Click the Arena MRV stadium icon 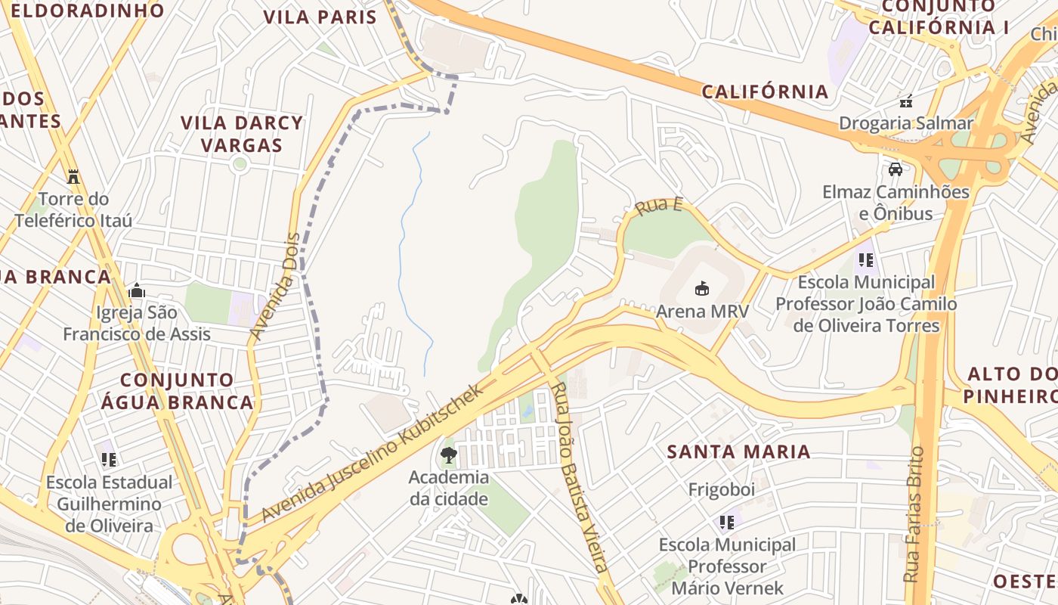tap(702, 288)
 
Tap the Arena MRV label tap(702, 311)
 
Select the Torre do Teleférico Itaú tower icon tap(73, 177)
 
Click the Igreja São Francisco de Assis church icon tap(137, 290)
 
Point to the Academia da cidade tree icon tap(449, 455)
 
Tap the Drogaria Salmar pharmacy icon tap(906, 101)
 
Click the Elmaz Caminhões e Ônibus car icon tap(896, 169)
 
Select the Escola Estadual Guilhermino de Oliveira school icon tap(109, 459)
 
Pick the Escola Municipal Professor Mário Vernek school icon tap(727, 522)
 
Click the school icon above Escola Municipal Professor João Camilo tap(866, 260)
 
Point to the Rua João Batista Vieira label tap(579, 476)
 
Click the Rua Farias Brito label tap(914, 514)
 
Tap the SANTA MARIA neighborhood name tap(738, 452)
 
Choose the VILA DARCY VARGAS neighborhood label tap(242, 134)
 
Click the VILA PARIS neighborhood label tap(320, 17)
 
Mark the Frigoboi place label tap(721, 489)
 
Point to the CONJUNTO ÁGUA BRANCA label tap(178, 391)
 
